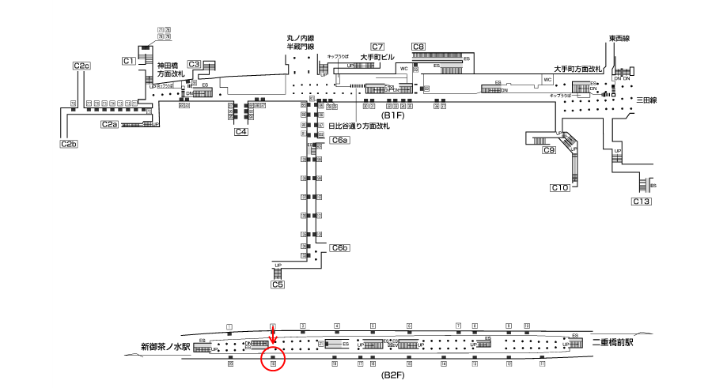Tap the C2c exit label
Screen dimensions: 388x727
coord(81,66)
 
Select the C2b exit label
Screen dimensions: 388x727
coord(68,144)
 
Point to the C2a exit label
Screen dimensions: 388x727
coord(109,124)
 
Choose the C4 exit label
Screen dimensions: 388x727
coord(242,132)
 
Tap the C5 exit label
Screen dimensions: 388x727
coord(277,284)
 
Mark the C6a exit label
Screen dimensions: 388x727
coord(339,140)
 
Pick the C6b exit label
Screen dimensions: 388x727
coord(340,248)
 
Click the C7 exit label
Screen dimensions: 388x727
coord(377,47)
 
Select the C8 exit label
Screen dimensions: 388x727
coord(418,47)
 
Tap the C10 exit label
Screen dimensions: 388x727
coord(560,187)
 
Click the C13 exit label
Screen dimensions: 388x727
coord(642,202)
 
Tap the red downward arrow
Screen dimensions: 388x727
coord(273,336)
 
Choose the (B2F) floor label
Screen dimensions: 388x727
coord(393,375)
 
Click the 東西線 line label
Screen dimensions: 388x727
coord(619,39)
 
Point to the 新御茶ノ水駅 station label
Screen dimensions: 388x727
coord(165,346)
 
